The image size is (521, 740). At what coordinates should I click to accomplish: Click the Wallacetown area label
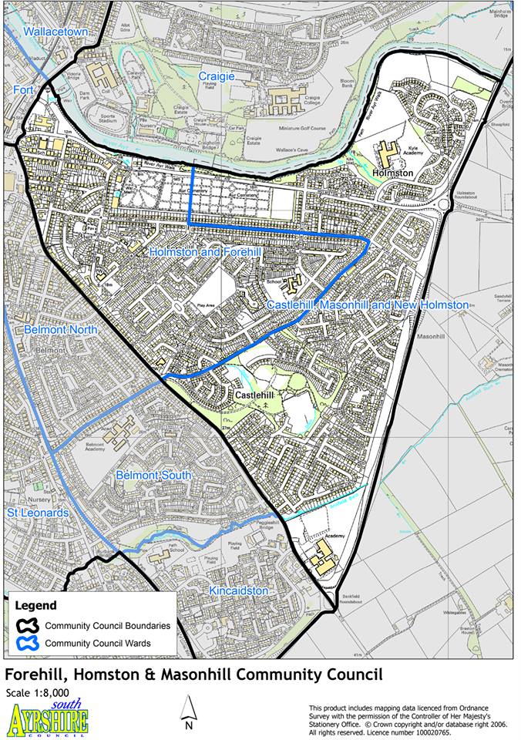55,32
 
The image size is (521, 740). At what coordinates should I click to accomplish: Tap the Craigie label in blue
217,76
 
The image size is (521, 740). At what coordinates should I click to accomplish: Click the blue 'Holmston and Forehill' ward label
206,252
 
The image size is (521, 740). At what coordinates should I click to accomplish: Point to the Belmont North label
59,329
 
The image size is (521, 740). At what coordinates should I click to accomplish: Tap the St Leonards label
38,513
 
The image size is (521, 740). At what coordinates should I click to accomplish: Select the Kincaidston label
239,590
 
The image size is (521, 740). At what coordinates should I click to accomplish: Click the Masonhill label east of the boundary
430,338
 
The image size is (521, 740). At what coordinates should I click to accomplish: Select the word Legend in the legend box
35,606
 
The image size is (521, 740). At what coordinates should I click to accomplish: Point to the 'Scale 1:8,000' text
37,693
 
